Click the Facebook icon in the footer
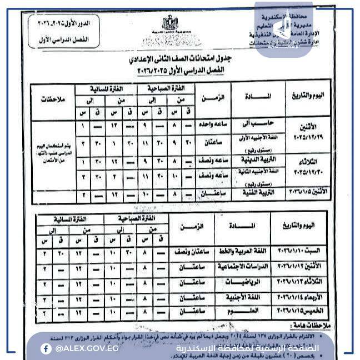[x=46, y=348]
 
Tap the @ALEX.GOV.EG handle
[x=87, y=348]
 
